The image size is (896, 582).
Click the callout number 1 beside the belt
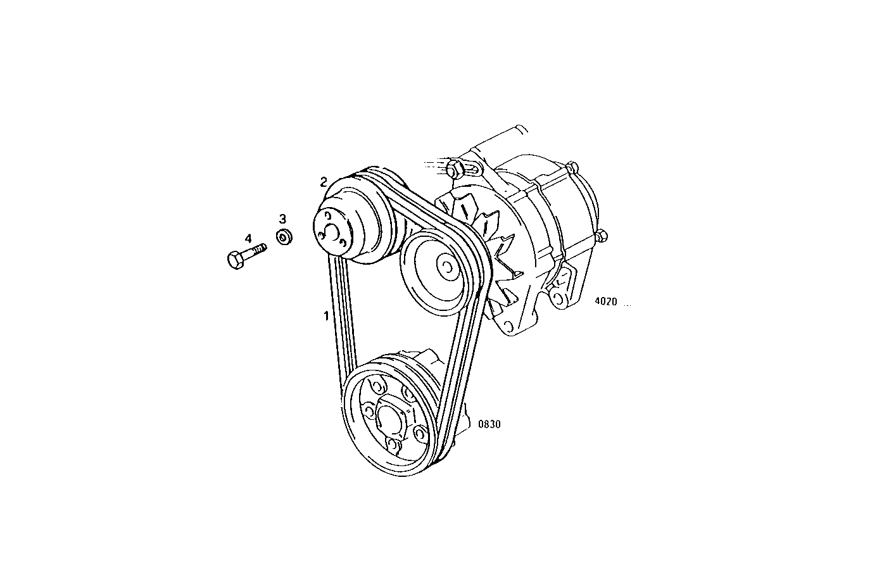(x=326, y=315)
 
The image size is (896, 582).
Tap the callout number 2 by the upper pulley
(x=324, y=182)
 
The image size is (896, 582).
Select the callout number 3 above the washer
(x=282, y=219)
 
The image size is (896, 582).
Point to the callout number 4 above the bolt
(x=248, y=238)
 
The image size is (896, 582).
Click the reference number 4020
(x=605, y=302)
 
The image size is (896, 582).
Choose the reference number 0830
(x=489, y=424)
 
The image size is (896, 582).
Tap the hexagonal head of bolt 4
(x=234, y=260)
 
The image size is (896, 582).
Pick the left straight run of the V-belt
(x=343, y=317)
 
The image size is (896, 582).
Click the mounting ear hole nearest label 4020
(x=558, y=297)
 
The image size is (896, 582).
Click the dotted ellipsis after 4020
(x=628, y=305)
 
